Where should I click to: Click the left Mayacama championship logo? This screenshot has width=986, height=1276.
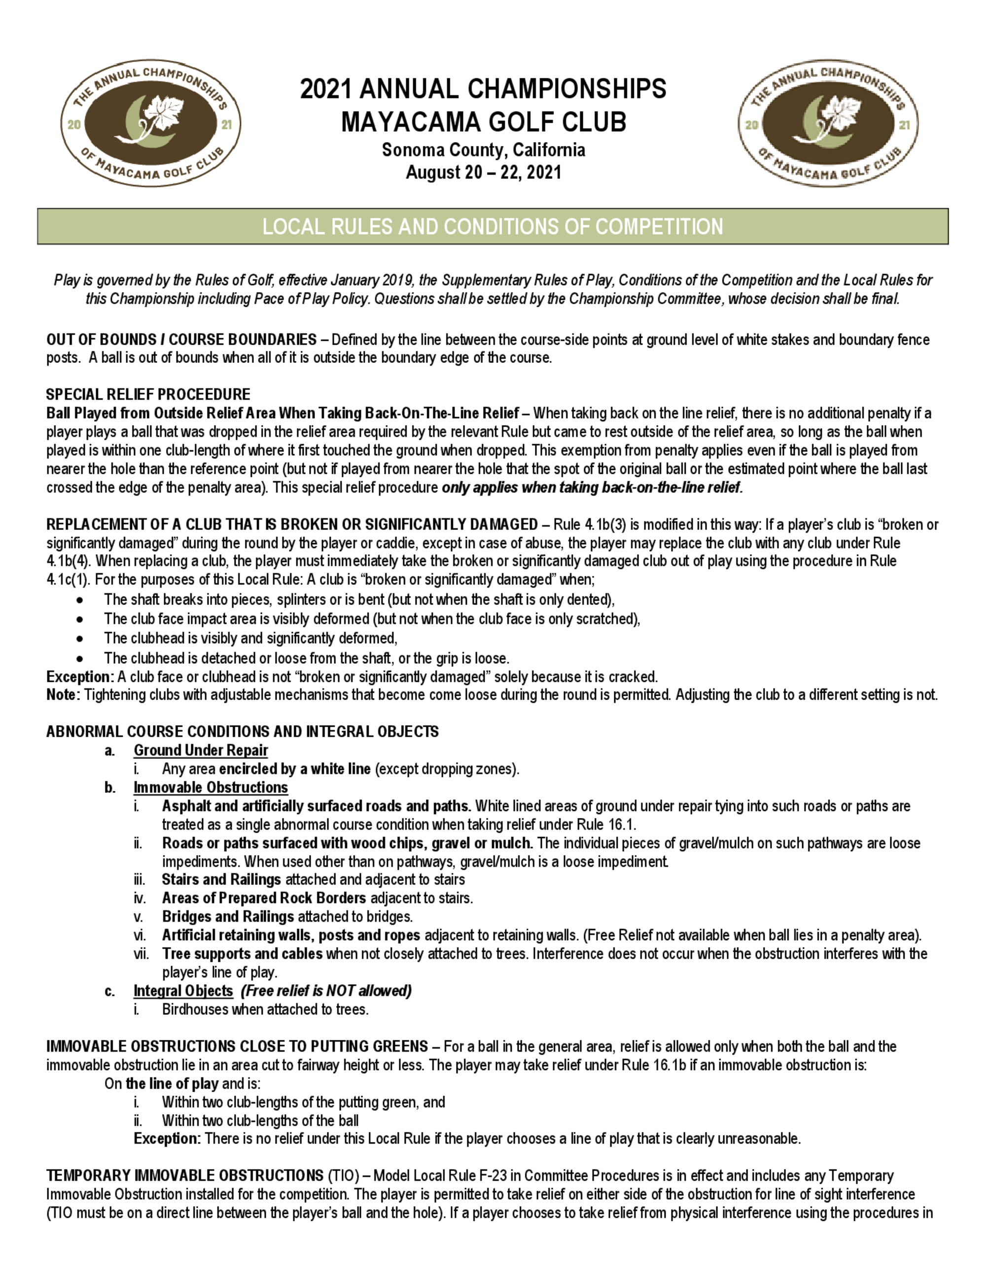click(151, 123)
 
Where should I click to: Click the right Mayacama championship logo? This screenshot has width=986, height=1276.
click(828, 123)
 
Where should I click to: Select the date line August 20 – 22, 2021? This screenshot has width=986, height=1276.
click(483, 173)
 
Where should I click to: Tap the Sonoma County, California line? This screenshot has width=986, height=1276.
click(483, 150)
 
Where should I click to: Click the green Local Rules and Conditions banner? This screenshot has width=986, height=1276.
click(493, 226)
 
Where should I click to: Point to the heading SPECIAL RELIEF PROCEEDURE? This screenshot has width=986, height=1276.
click(148, 394)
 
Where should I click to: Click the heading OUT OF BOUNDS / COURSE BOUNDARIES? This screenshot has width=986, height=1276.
click(181, 339)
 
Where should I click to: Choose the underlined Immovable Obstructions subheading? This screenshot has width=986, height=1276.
click(211, 787)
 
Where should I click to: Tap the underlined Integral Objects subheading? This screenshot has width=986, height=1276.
click(183, 991)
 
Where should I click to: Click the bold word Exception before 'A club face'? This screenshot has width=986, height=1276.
click(79, 677)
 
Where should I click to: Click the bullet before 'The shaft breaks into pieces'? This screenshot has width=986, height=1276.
click(79, 600)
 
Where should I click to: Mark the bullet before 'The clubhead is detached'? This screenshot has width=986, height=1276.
click(79, 658)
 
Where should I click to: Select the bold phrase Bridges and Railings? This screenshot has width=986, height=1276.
click(228, 917)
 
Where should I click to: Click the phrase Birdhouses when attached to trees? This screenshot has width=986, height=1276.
click(265, 1010)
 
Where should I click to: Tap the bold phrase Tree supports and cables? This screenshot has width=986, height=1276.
click(242, 954)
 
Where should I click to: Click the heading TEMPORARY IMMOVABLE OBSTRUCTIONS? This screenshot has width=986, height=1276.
click(184, 1175)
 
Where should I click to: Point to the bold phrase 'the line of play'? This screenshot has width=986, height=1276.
click(172, 1084)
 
